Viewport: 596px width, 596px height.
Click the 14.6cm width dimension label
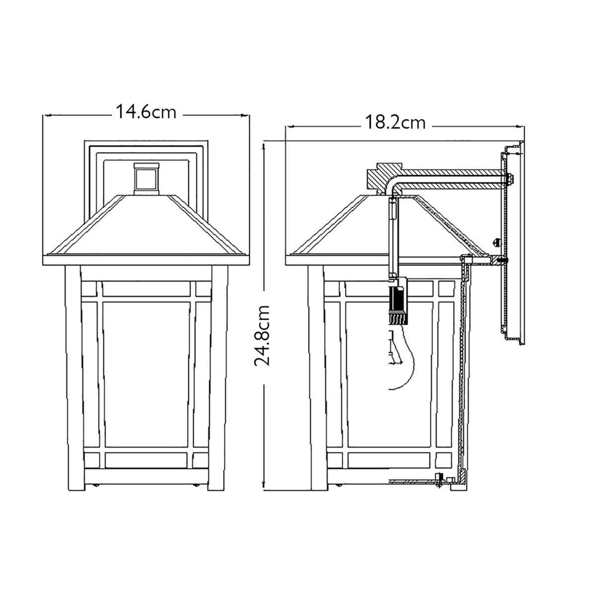[x=146, y=112]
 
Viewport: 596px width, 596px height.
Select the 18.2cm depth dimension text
[x=396, y=122]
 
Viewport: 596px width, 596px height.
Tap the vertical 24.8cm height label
[x=262, y=335]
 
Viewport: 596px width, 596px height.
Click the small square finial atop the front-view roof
[x=146, y=177]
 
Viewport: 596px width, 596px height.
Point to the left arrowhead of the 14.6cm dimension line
[x=46, y=115]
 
